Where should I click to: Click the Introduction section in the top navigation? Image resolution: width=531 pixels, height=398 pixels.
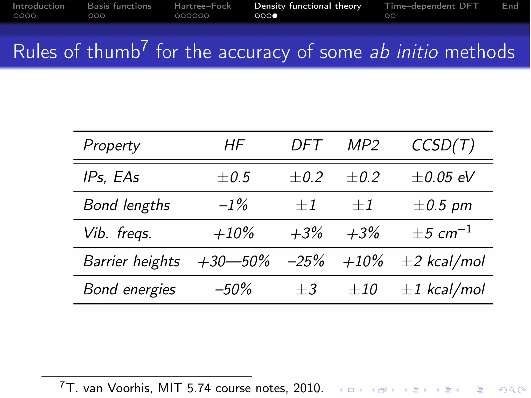39,6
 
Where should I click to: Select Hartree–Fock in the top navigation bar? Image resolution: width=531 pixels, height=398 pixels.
202,6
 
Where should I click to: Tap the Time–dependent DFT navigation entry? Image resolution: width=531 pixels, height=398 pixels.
431,6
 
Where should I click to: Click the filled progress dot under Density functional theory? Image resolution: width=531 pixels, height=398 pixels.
275,16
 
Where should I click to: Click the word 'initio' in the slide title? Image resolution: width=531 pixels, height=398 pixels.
417,52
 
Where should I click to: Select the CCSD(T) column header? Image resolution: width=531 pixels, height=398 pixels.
443,145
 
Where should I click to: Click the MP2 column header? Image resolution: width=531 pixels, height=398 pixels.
363,145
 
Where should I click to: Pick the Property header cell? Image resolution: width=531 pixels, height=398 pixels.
111,146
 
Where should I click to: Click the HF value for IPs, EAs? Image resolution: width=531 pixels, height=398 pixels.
233,177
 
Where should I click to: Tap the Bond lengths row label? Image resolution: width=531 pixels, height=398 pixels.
127,205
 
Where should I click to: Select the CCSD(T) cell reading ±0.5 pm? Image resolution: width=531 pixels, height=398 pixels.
442,205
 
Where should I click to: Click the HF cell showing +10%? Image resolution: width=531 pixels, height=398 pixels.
233,233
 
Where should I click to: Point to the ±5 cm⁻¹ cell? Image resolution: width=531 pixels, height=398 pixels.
442,232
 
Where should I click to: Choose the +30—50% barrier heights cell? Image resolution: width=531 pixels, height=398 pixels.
233,261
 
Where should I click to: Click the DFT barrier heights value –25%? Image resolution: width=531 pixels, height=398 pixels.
306,261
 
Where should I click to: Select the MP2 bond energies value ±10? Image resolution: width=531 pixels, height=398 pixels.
363,289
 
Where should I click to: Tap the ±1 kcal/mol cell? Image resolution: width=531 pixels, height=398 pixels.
442,289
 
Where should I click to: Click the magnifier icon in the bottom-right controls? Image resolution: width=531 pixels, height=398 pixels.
512,390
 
